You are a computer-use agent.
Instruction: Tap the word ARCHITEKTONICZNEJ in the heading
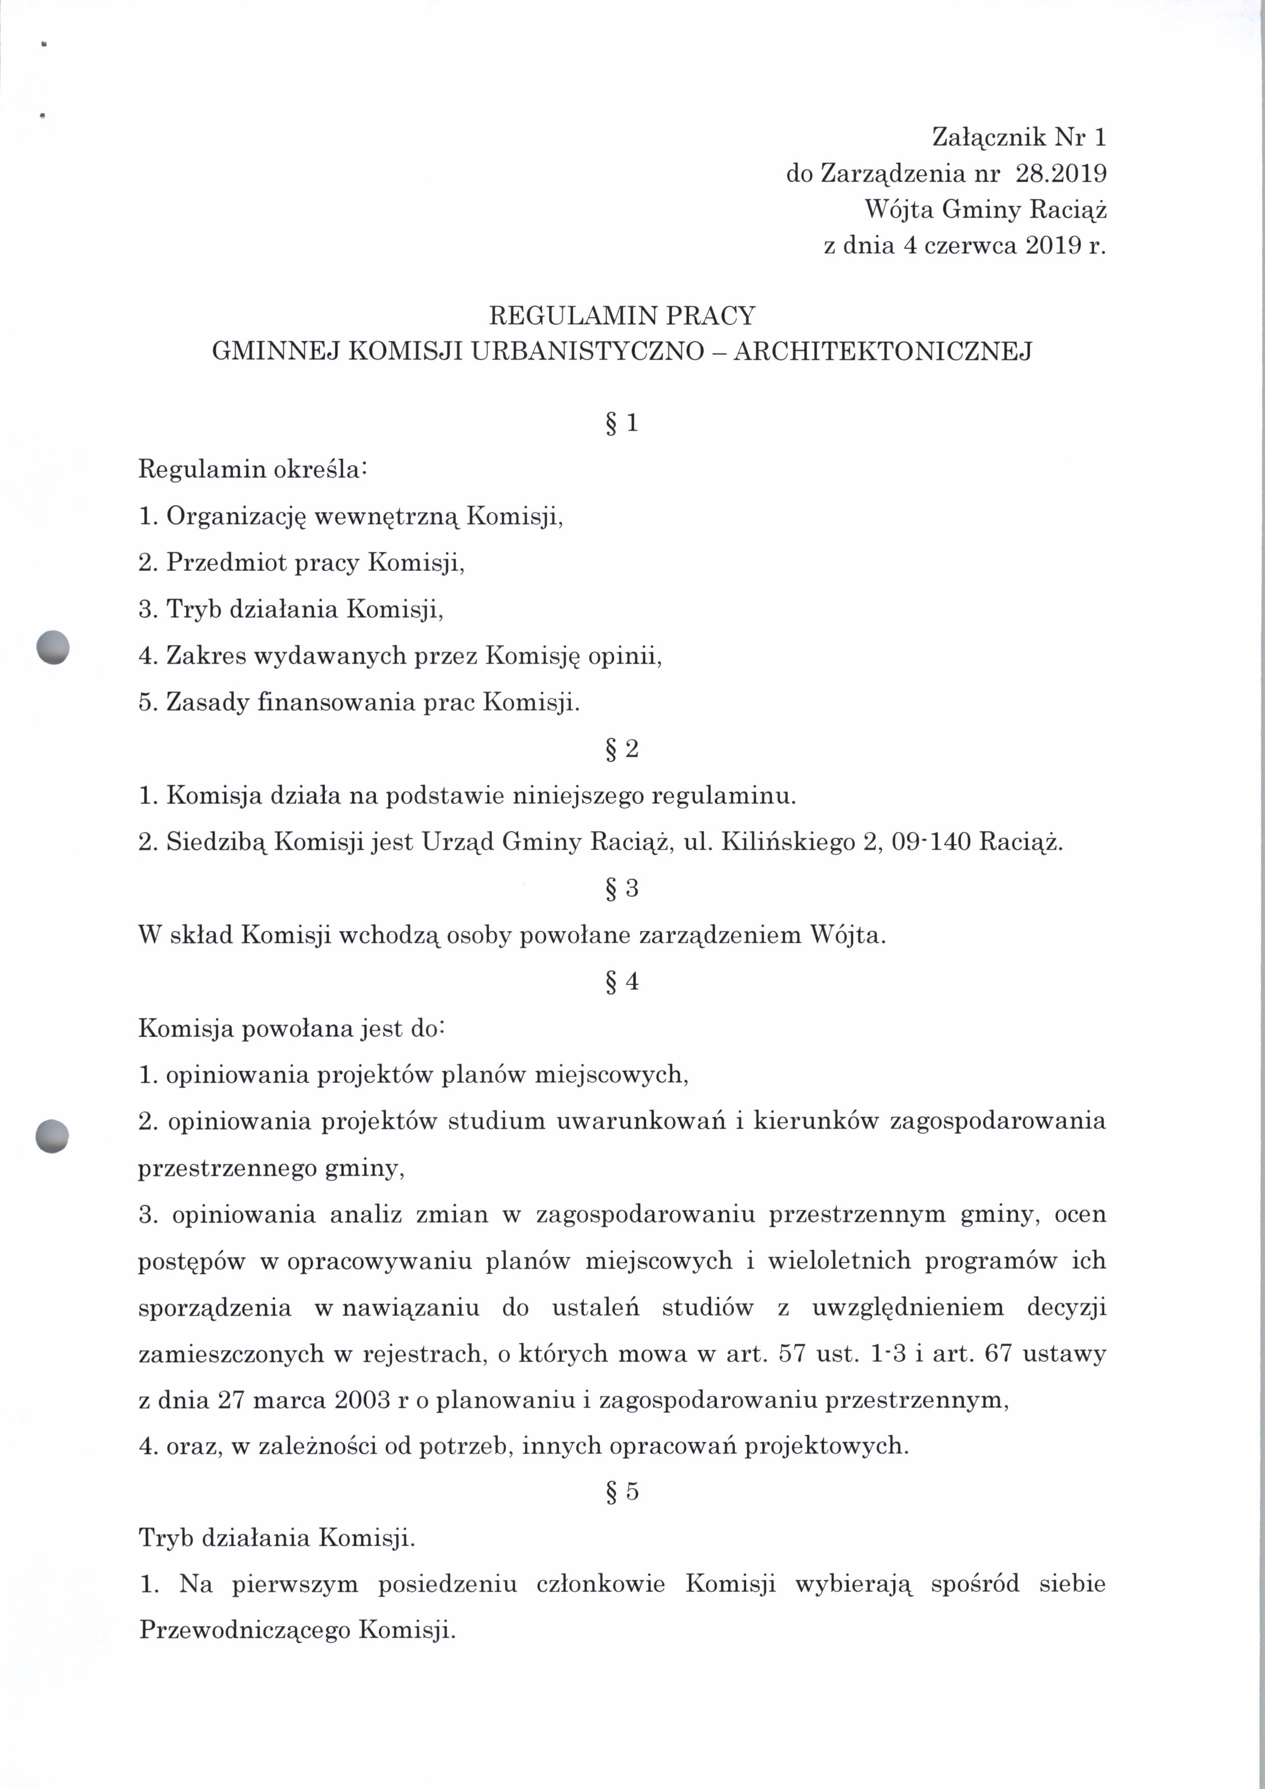tap(882, 351)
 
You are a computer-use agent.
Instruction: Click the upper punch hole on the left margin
tap(53, 647)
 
